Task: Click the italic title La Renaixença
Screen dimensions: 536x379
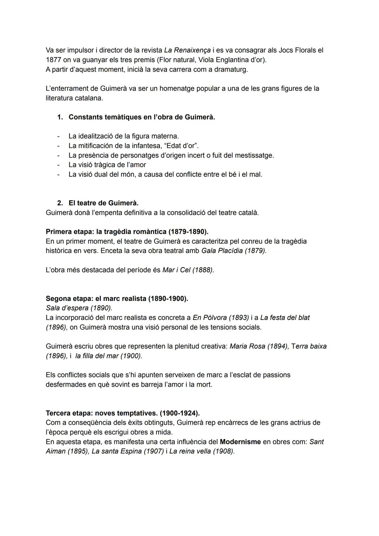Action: (x=187, y=50)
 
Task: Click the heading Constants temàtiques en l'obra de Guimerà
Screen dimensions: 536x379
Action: (x=142, y=117)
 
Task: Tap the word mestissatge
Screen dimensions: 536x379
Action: (x=254, y=155)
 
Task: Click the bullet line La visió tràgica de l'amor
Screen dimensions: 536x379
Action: (x=107, y=164)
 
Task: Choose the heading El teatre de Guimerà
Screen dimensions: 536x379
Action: (x=104, y=203)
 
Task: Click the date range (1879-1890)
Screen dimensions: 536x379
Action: (x=188, y=232)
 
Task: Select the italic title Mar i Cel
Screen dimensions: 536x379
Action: (x=176, y=270)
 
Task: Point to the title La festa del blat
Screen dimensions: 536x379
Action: (x=285, y=318)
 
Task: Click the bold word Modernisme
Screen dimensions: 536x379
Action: (x=240, y=442)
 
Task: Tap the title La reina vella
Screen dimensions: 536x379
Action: (x=190, y=451)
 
